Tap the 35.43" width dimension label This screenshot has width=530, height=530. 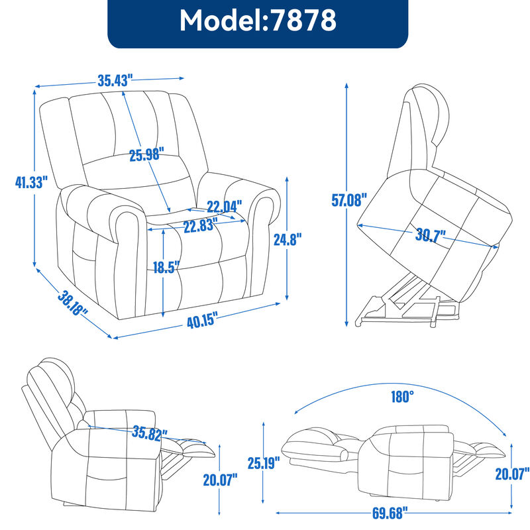coord(115,81)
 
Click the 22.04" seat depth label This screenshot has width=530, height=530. coord(224,205)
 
